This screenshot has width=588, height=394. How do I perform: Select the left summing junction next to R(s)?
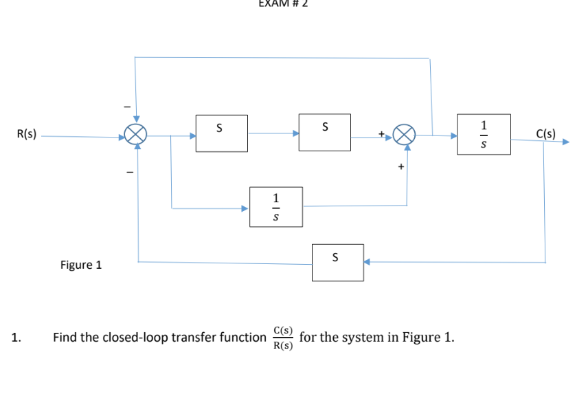click(137, 135)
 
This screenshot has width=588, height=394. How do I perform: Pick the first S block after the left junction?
click(220, 132)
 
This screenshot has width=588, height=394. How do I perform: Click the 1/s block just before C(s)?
click(485, 134)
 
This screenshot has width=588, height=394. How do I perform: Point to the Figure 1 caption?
click(81, 265)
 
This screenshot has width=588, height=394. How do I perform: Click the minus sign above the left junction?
click(126, 107)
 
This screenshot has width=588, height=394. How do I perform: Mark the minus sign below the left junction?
click(126, 173)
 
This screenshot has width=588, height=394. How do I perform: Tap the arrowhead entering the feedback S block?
click(367, 262)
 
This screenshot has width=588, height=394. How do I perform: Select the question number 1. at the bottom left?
click(16, 338)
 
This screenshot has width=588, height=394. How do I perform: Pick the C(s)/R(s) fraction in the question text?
click(282, 338)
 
